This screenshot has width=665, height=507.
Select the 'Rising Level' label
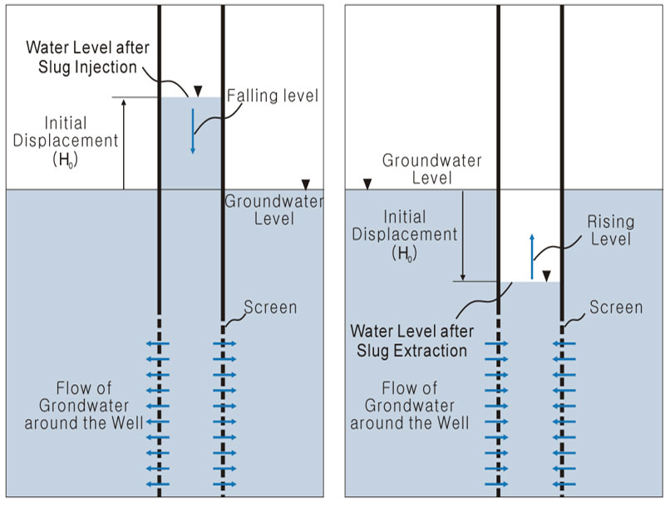[611, 230]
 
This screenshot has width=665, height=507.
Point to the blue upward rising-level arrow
[533, 257]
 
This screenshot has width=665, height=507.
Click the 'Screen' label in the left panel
[270, 308]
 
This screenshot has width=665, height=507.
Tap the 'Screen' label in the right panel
[616, 308]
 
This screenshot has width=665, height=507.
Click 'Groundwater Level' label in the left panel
[273, 210]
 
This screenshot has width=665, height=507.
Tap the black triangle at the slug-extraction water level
[546, 276]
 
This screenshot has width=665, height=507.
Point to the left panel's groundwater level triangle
[307, 184]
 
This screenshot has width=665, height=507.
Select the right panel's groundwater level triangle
[367, 184]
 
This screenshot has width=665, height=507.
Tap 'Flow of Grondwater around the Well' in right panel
[410, 405]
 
